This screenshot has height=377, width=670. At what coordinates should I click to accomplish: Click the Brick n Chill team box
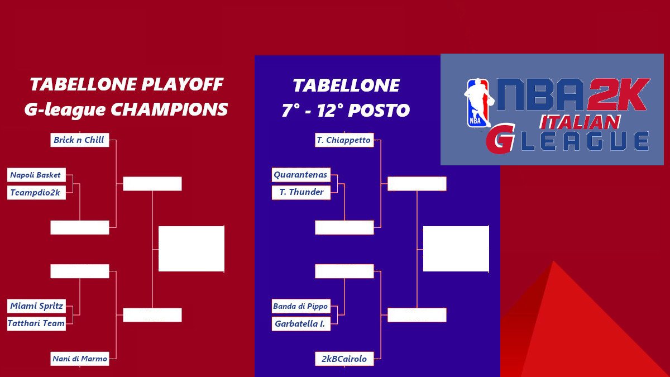pos(79,140)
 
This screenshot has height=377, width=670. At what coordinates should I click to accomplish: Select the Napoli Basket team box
pos(36,175)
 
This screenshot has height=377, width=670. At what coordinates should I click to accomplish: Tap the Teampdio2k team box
pos(36,193)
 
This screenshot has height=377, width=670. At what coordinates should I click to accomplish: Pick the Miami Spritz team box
pos(36,306)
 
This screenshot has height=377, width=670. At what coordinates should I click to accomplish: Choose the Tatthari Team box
pos(36,323)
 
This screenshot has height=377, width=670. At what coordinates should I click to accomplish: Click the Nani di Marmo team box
pos(79,359)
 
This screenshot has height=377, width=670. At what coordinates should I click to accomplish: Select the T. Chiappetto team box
pos(344,140)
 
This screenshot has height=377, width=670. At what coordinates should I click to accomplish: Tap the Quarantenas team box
pos(301,175)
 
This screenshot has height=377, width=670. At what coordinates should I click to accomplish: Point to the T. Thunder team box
pos(301,192)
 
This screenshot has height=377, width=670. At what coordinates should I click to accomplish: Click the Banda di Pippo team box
pos(301,306)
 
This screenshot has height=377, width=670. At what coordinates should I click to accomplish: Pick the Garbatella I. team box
pos(301,323)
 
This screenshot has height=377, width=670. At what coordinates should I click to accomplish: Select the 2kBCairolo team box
pos(344,359)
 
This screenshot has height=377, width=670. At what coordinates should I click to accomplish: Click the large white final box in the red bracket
pos(192,249)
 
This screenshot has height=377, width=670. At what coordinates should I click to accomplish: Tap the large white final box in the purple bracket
pos(456,249)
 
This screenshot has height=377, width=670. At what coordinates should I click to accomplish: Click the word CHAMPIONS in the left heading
pos(169,109)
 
